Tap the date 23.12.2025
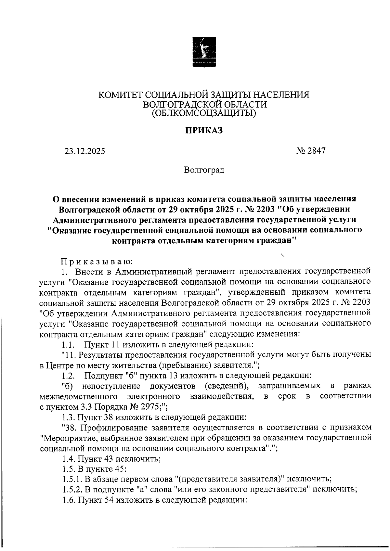84,151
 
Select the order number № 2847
311,151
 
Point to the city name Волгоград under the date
204,170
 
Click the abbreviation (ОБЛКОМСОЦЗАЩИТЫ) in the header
204,113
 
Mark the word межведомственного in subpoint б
78,396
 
